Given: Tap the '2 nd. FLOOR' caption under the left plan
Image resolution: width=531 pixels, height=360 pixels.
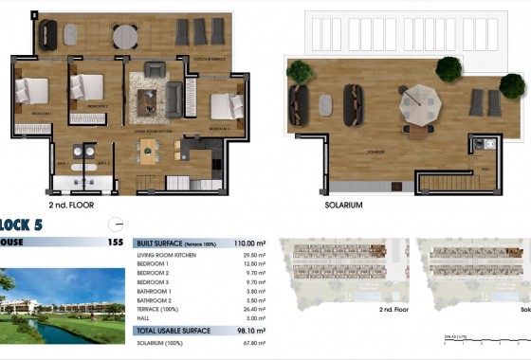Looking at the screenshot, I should click(x=71, y=204).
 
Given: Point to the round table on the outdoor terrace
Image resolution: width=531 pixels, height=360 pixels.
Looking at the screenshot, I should click(x=124, y=36).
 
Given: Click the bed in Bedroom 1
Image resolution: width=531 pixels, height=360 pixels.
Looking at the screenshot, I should click(x=31, y=91).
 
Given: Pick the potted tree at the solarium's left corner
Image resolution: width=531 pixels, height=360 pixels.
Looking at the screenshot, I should click(x=300, y=71).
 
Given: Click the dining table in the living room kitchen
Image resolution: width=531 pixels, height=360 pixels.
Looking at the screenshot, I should click(x=150, y=148).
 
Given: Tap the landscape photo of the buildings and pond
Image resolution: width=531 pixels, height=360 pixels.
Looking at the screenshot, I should click(x=62, y=305).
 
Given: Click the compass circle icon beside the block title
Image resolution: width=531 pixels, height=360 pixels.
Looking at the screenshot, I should click(x=116, y=225).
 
